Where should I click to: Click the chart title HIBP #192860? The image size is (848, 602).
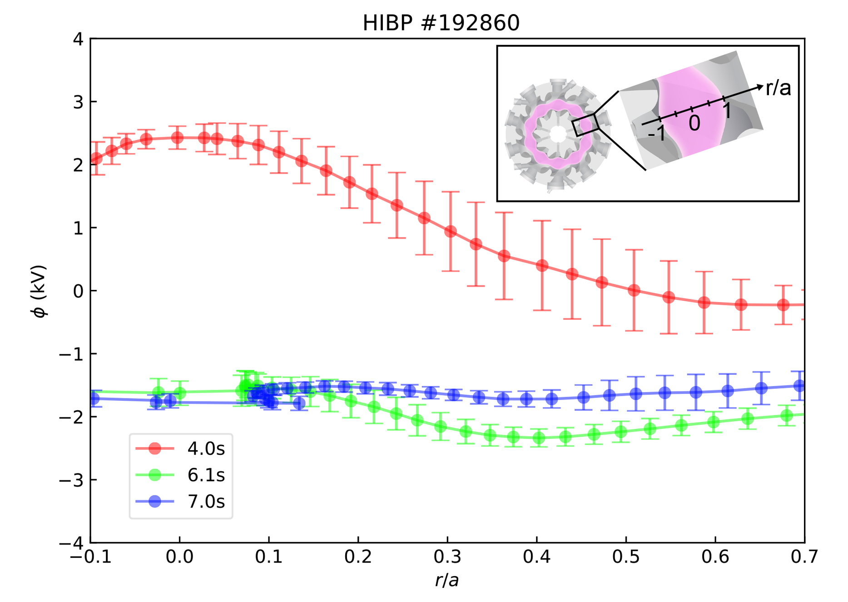(x=441, y=23)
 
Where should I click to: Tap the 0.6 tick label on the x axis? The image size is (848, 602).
(x=715, y=557)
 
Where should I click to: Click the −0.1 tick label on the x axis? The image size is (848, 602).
(x=91, y=557)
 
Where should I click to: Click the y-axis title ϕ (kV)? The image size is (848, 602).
(x=40, y=291)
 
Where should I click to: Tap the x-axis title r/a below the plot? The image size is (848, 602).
(x=447, y=580)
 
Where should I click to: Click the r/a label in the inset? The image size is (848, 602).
(x=778, y=88)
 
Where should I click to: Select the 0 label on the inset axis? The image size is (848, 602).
(x=694, y=123)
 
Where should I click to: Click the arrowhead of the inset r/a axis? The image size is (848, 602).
(x=760, y=87)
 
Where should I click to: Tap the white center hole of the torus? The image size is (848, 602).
(x=558, y=134)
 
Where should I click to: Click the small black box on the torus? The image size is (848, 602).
(x=585, y=125)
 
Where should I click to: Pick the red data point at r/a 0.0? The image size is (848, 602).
(x=178, y=138)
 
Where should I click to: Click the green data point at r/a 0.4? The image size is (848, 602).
(x=539, y=438)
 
